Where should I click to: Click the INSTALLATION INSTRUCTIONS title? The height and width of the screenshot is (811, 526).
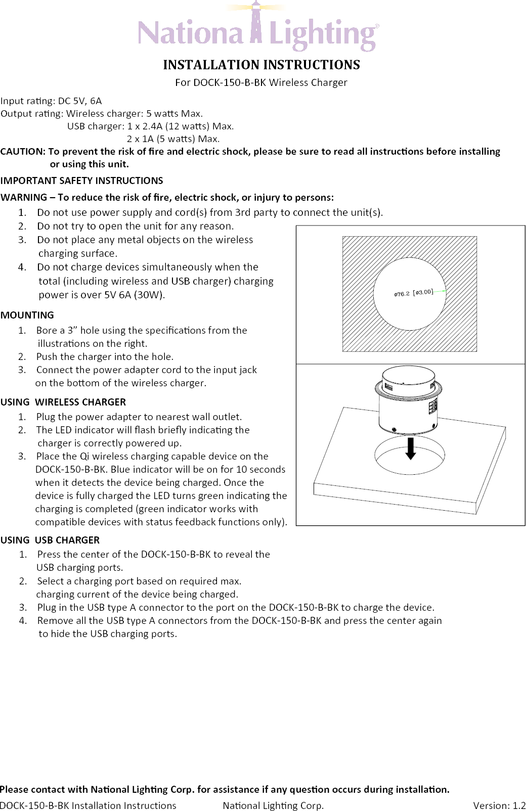click(x=261, y=65)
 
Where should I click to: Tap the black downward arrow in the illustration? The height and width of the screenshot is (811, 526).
click(x=411, y=448)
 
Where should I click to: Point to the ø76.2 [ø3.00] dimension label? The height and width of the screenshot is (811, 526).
click(x=414, y=293)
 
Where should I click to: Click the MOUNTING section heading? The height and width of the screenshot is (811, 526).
click(x=27, y=315)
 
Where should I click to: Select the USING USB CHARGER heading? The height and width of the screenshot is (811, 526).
click(x=50, y=540)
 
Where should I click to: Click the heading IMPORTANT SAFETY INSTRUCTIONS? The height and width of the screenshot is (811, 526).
click(x=82, y=181)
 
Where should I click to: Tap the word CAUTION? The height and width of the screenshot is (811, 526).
click(x=22, y=151)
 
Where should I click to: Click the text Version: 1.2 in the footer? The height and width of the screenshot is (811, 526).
click(x=499, y=805)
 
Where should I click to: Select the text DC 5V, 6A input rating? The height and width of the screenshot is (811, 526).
click(x=80, y=101)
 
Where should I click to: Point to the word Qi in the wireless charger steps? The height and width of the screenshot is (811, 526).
click(x=84, y=456)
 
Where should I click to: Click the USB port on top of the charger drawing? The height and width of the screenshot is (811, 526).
click(x=389, y=387)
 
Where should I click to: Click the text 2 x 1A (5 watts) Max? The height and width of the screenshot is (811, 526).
click(x=173, y=139)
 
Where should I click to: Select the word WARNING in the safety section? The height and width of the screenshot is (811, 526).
click(x=24, y=197)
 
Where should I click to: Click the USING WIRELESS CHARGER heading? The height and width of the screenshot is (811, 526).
click(x=63, y=402)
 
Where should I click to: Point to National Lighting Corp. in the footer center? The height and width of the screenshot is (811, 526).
click(x=273, y=805)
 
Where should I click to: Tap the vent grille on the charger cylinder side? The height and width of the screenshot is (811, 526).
click(x=433, y=408)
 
